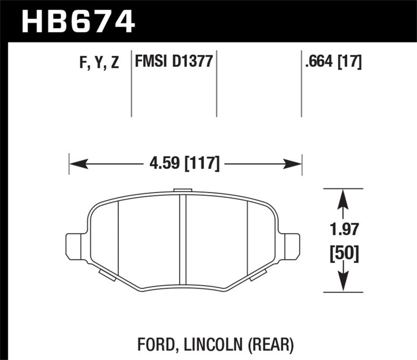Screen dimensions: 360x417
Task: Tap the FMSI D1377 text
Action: tap(173, 63)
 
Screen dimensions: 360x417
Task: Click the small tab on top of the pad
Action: tap(183, 191)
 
